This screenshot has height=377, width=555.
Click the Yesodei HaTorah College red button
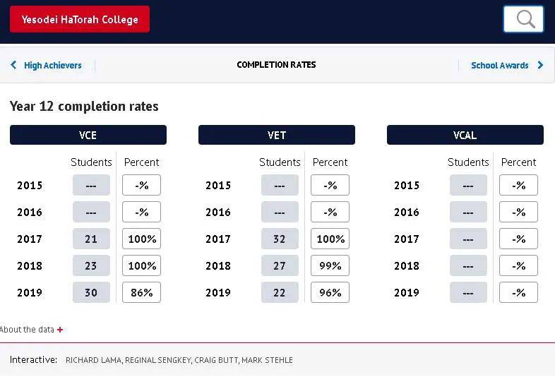tap(80, 19)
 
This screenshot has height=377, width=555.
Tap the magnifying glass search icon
tap(523, 19)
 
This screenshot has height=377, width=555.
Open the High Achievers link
tap(47, 65)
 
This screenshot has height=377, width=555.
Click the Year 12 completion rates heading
tap(84, 107)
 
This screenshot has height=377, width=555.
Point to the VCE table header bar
tap(88, 135)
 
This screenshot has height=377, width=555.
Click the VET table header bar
tap(277, 135)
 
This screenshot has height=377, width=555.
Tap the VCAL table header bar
tap(465, 135)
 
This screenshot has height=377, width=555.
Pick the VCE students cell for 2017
tap(91, 239)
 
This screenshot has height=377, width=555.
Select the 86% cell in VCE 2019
tap(141, 292)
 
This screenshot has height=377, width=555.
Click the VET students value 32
tap(280, 239)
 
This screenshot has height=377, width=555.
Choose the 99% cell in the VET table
tap(330, 265)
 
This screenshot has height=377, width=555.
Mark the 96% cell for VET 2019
tap(330, 292)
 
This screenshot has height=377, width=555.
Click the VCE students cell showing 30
tap(91, 292)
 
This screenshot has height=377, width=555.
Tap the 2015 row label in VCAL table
tap(407, 186)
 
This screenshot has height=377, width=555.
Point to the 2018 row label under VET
tap(218, 265)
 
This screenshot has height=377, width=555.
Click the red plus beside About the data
tap(60, 330)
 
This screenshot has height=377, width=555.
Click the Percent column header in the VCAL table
tap(518, 162)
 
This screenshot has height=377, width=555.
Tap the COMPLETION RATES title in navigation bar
tap(276, 65)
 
